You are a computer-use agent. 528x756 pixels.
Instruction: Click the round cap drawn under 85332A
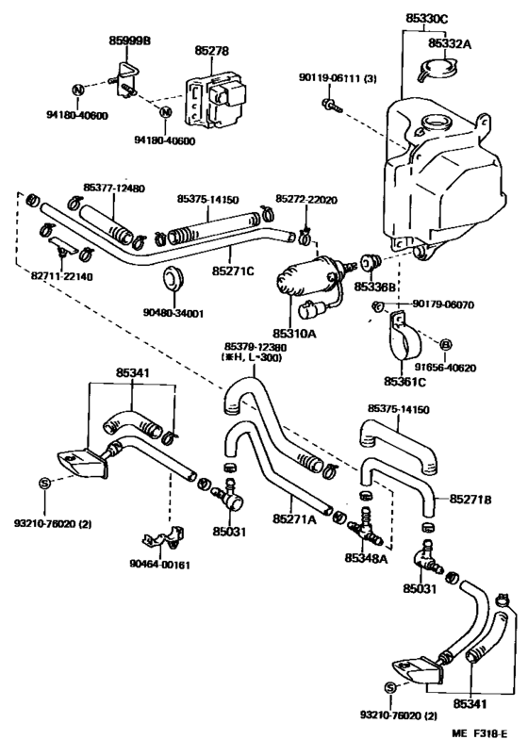pos(435,71)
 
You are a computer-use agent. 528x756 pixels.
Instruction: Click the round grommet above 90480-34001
pos(173,277)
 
